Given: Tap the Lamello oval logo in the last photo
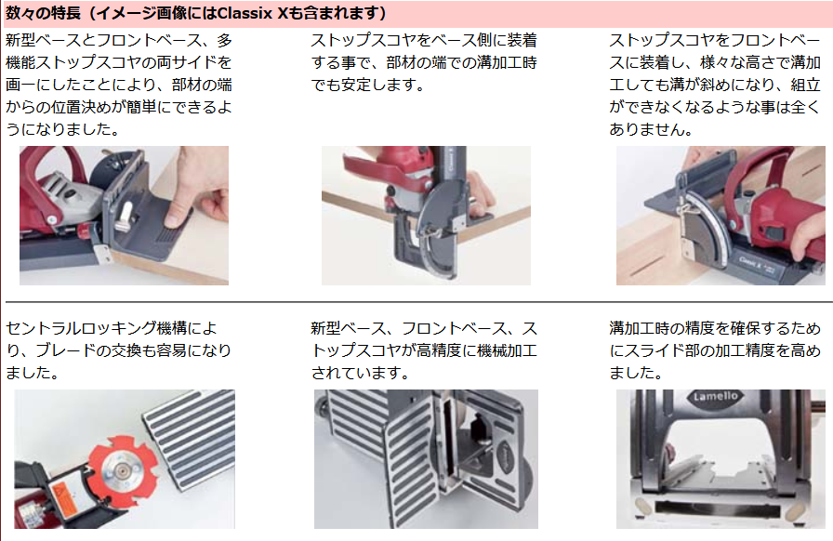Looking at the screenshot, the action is (715, 396).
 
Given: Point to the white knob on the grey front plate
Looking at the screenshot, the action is (126, 217).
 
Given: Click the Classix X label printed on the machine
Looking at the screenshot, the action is (750, 261).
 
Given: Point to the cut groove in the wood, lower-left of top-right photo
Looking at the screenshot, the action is (649, 264).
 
